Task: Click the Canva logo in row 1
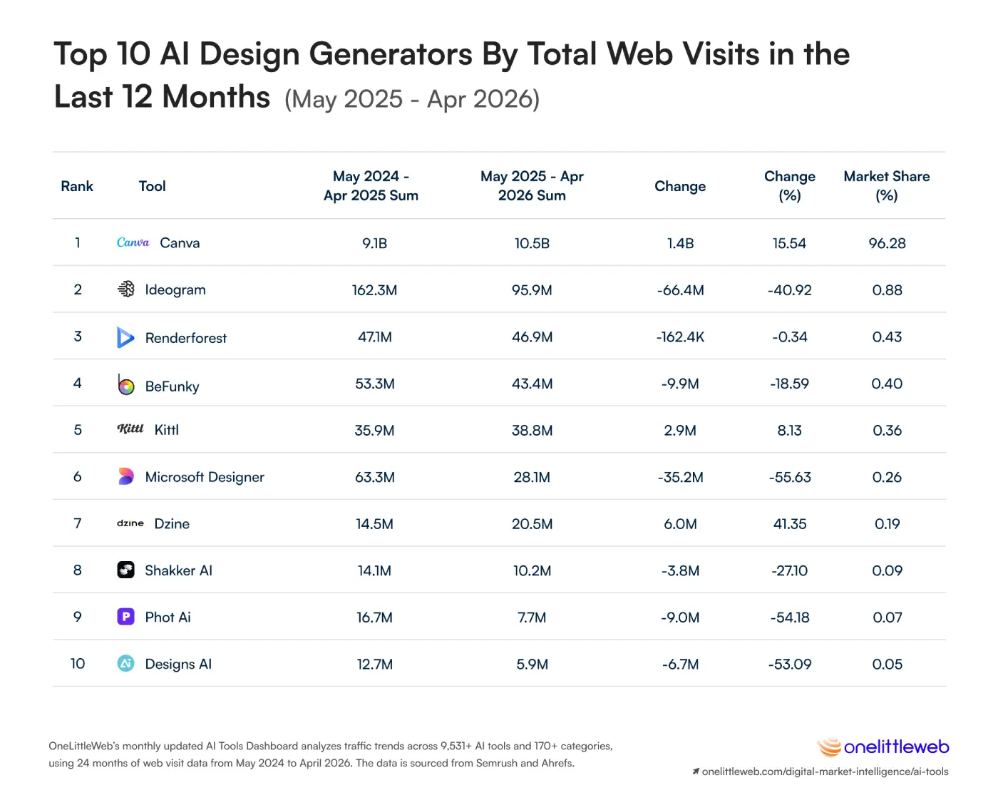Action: [x=133, y=242]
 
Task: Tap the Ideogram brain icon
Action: [x=125, y=289]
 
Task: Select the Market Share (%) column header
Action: [x=886, y=185]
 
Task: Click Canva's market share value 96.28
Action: [x=887, y=243]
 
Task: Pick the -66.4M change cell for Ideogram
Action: [x=680, y=290]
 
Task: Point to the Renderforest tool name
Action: [x=186, y=338]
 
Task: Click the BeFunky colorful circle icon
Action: [x=125, y=385]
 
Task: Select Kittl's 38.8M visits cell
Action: [x=532, y=430]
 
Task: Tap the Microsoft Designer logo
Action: [x=125, y=476]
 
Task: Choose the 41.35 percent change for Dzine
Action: [x=789, y=524]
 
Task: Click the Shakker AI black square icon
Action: [x=125, y=570]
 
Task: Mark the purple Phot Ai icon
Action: [x=125, y=617]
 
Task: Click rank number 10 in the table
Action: [x=78, y=664]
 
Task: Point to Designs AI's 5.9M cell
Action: [x=532, y=664]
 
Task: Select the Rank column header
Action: [x=77, y=186]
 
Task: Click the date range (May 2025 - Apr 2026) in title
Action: [x=412, y=99]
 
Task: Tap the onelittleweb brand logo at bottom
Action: [x=883, y=747]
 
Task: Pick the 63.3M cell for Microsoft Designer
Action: [x=375, y=477]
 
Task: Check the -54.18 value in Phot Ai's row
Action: [x=789, y=617]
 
